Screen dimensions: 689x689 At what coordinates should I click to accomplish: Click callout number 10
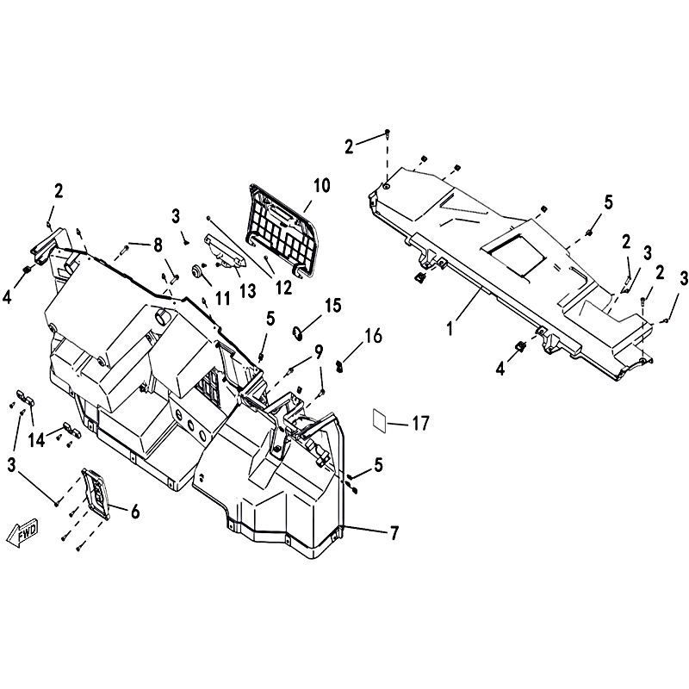click(322, 185)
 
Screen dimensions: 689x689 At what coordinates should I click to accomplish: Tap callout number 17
click(420, 424)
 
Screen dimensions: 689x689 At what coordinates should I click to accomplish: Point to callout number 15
click(333, 305)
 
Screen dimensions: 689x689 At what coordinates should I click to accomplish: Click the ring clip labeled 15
click(298, 333)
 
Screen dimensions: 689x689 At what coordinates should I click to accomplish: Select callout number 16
click(373, 336)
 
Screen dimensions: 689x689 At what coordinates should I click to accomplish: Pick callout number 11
click(223, 298)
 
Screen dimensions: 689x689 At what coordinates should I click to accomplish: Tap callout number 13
click(248, 290)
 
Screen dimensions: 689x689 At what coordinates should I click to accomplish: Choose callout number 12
click(283, 288)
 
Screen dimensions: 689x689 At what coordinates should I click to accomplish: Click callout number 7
click(394, 533)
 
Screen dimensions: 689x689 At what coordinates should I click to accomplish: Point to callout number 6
click(135, 512)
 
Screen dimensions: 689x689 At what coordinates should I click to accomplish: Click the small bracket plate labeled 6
click(96, 493)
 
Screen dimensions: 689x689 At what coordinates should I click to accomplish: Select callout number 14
click(37, 439)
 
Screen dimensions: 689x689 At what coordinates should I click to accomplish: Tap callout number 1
click(450, 328)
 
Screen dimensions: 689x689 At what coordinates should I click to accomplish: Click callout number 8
click(158, 245)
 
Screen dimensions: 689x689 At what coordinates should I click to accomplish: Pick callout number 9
click(318, 351)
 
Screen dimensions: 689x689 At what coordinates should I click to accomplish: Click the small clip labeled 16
click(339, 365)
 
